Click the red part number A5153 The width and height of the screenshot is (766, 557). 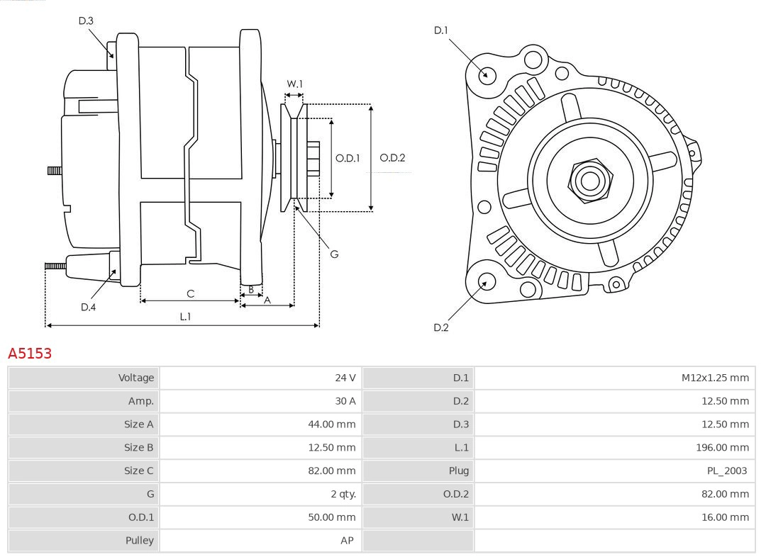point(30,353)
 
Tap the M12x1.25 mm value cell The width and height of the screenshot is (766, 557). point(714,378)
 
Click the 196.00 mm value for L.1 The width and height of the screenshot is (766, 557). point(722,447)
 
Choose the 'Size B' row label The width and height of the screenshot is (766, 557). point(138,447)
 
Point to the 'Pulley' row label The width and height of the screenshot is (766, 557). point(140,540)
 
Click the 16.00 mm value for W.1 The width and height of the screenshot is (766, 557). point(725,517)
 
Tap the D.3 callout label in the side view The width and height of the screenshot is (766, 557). point(86,21)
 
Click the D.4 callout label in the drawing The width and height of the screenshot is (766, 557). point(88,307)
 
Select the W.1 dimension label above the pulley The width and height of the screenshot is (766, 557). point(294,84)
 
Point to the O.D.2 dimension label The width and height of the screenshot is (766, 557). point(392,158)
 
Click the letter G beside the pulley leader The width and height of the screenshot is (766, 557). point(334,254)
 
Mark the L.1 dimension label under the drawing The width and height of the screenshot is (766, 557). point(184,317)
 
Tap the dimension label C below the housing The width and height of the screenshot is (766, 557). point(190,293)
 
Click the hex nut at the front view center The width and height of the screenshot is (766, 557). point(589,180)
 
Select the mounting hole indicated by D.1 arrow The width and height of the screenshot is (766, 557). point(487,74)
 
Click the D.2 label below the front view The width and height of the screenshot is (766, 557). point(441,327)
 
